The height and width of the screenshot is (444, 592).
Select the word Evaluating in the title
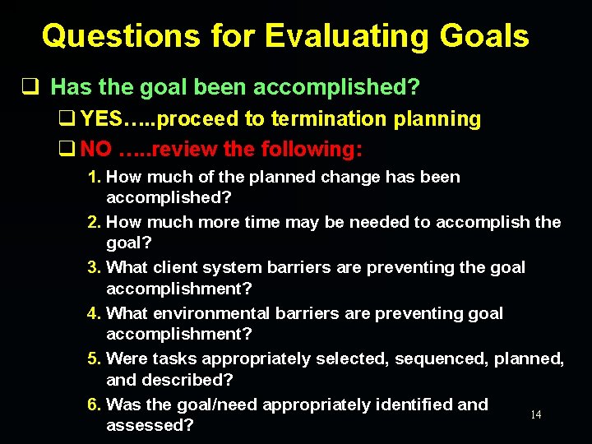pos(341,36)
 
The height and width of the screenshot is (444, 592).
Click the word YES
pos(101,119)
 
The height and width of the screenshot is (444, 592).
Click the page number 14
pos(535,415)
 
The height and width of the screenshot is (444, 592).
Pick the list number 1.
pos(95,177)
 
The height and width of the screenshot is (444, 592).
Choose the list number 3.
pos(95,267)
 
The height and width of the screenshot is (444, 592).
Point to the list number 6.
pos(95,405)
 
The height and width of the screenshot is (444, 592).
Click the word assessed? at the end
pos(150,426)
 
